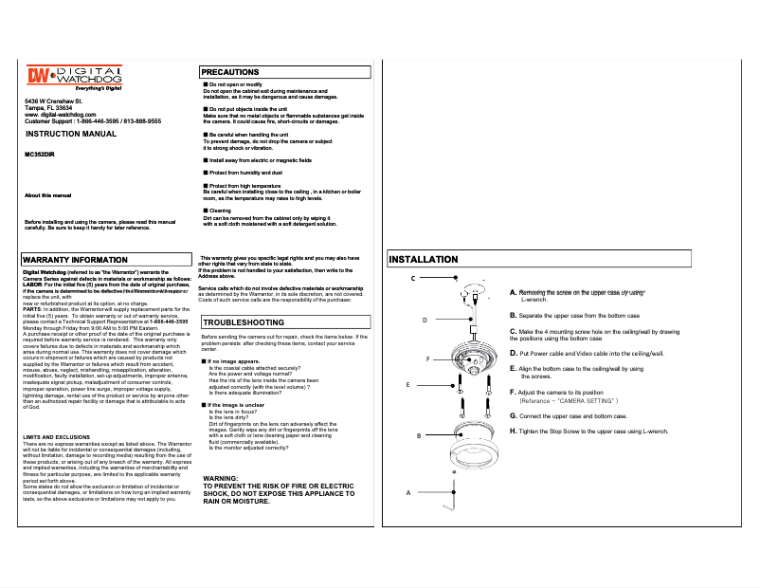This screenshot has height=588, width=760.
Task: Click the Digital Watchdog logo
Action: click(74, 78)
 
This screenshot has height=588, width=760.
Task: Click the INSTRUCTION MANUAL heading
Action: click(70, 135)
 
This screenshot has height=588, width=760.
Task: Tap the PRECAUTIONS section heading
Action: click(230, 72)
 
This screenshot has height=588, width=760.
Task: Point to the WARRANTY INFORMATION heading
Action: click(74, 259)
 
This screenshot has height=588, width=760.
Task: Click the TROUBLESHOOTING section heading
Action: click(244, 323)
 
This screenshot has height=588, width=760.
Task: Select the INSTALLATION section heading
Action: click(424, 259)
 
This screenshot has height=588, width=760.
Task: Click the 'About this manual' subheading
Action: click(48, 195)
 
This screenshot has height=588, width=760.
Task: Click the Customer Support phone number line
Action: click(93, 121)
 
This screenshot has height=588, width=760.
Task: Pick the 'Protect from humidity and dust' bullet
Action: click(245, 174)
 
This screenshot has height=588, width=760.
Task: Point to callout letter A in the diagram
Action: click(408, 493)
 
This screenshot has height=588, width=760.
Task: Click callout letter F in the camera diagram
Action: click(428, 359)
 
